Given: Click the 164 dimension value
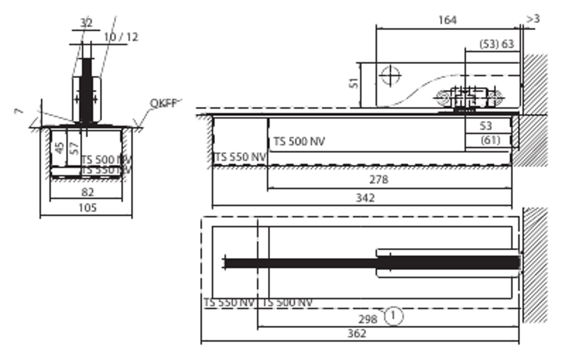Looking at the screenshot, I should coord(447,20).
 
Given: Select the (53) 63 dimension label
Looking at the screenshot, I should coord(496,44).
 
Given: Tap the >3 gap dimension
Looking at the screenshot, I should coord(533,19).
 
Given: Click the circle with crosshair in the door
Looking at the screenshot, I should coord(390,75).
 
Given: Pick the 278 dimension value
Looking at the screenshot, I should coord(379,179).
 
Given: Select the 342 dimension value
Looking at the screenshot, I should coord(365,198).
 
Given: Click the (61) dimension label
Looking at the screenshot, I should coord(490,140).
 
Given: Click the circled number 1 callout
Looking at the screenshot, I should coord(394,316).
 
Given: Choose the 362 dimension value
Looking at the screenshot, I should coord(357,334).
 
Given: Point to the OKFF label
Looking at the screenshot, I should coord(163,103).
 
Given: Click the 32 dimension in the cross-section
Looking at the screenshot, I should coord(86,23).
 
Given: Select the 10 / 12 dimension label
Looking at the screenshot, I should coord(121,37).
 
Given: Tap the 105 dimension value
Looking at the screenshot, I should coord(87,207).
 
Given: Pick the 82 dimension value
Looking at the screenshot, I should coord(87,192).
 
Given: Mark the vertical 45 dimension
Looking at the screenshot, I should coord(60,149).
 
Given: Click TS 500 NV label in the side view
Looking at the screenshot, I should coord(299,142).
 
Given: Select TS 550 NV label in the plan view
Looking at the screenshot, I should coord(229,302).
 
